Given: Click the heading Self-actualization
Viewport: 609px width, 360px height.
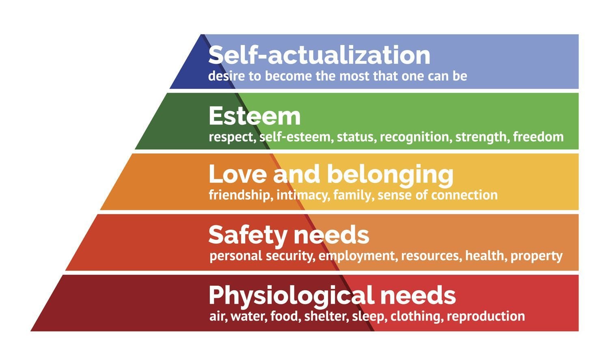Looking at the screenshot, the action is pos(319,55).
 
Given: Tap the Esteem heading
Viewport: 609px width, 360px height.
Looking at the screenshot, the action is pos(255,116).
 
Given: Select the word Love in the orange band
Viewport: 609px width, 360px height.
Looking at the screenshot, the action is pos(238,174).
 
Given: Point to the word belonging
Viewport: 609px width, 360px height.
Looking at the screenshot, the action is pos(391,176).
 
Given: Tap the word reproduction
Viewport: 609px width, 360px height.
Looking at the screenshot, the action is pos(486,317).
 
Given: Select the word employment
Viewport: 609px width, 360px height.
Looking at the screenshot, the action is pos(358,256).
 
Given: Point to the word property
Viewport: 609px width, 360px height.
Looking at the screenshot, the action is pos(536,256).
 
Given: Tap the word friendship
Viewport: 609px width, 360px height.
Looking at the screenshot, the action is pos(241,195).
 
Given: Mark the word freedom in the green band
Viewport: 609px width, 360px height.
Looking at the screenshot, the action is pos(538,137).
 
